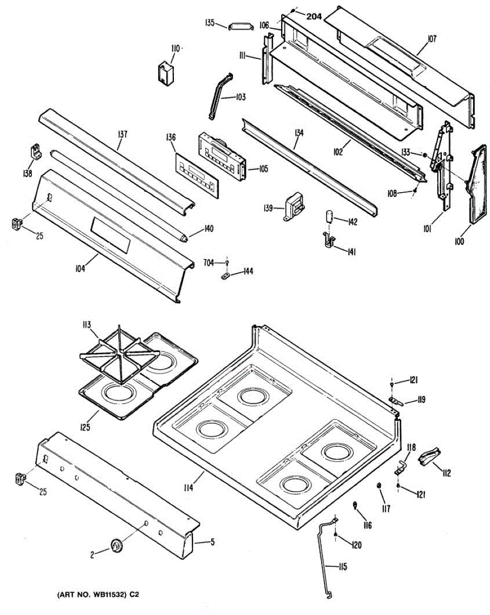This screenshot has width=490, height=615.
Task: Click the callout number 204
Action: click(314, 16)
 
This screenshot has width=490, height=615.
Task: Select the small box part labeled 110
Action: click(166, 71)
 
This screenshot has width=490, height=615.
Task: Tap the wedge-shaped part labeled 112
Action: click(430, 456)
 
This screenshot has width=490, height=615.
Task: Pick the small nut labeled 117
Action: click(379, 485)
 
